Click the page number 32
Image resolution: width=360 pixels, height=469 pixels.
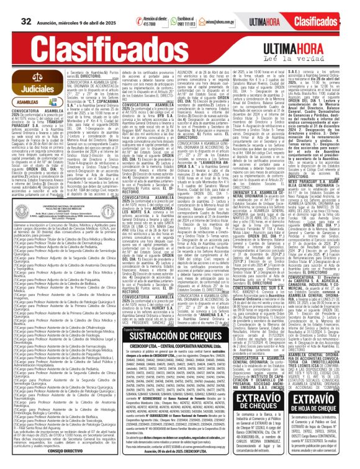27,6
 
